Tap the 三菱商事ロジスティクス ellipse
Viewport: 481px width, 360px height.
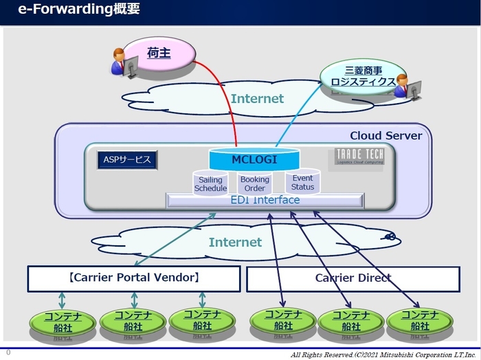(359, 76)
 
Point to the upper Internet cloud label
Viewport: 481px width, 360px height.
(256, 98)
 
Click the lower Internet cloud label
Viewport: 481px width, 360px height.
(235, 242)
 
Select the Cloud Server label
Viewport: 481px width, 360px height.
(385, 135)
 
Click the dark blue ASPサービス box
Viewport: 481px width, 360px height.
(127, 160)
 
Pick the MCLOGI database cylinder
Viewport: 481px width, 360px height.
(254, 160)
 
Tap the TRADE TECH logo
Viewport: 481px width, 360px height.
(359, 157)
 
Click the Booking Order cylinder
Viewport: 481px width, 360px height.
(254, 184)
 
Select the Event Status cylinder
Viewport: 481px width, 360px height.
(302, 182)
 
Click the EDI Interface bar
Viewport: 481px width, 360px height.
(265, 200)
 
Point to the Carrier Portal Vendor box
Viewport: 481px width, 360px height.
(134, 278)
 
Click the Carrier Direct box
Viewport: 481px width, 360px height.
(353, 278)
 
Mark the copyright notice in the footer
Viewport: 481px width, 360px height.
(383, 355)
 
